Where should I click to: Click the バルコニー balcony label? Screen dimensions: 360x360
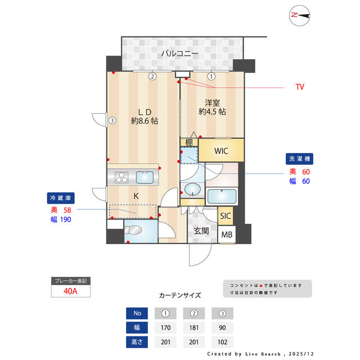point(179,54)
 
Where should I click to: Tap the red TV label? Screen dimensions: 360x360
point(300,87)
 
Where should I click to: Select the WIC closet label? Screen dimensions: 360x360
point(221,150)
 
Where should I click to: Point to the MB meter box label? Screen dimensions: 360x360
point(226,235)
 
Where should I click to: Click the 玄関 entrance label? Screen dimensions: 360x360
point(202,231)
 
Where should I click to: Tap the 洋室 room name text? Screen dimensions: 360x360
point(212,103)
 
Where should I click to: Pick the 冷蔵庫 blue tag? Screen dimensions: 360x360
point(61,198)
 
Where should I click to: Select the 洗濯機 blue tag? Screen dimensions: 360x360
point(298,159)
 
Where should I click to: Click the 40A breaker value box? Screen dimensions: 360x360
point(70,292)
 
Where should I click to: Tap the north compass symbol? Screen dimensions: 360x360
point(300,16)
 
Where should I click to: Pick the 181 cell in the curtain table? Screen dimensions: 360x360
point(193,327)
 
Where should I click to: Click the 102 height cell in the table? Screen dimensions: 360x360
point(222,342)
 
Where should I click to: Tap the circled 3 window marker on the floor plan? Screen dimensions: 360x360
point(112,120)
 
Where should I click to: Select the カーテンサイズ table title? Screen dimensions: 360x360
point(180,295)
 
